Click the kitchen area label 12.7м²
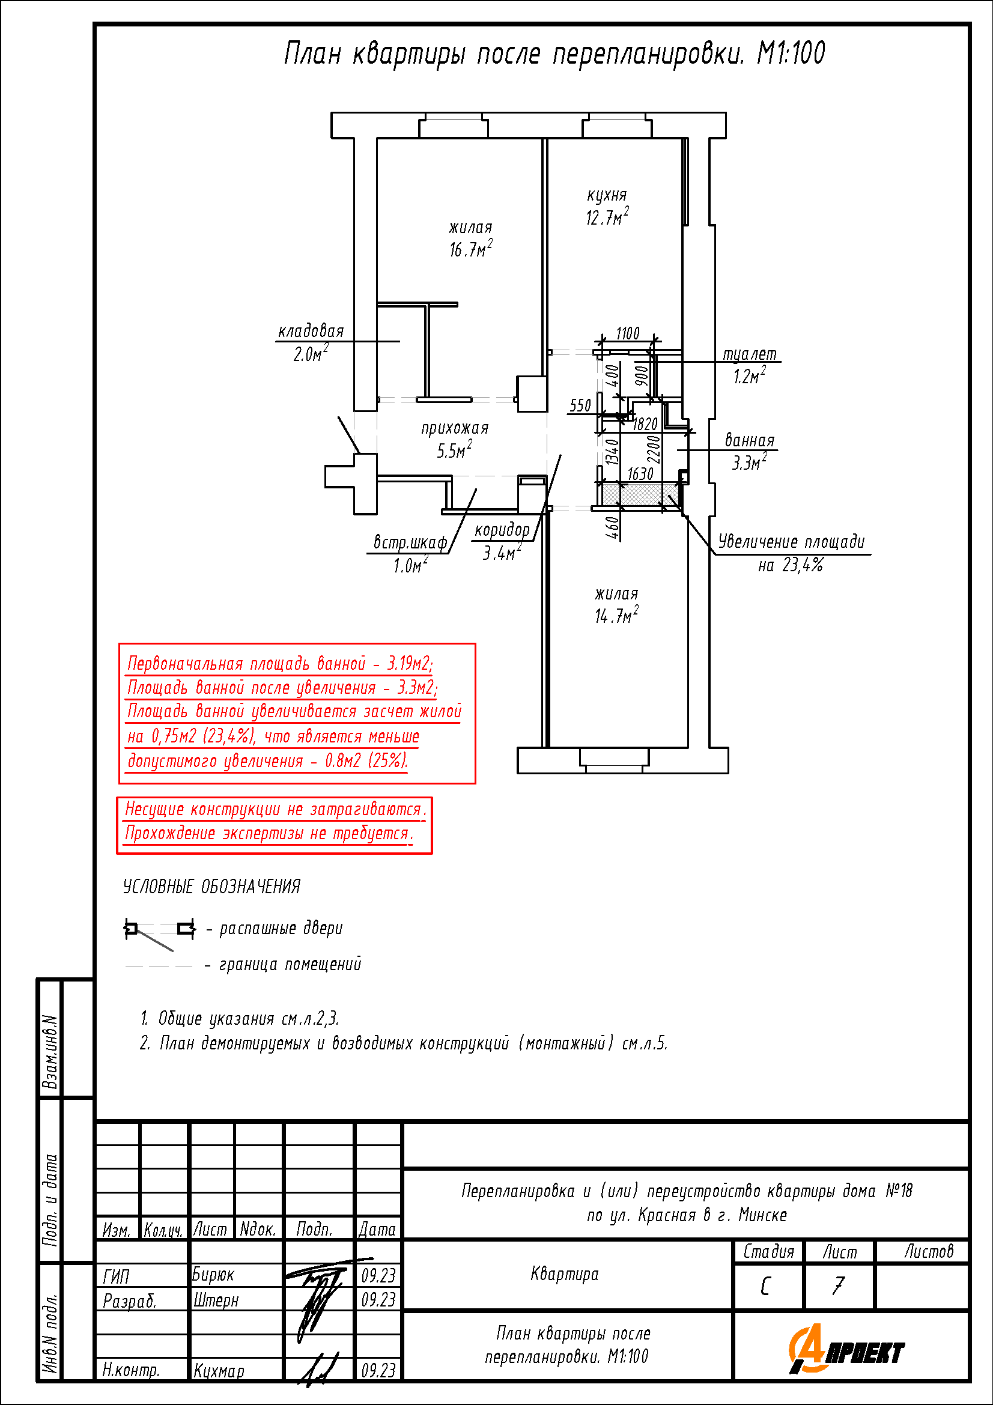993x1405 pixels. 607,217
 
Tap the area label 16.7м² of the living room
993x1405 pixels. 470,249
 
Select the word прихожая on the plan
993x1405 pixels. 455,428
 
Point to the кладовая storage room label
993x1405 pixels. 311,331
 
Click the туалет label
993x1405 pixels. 750,354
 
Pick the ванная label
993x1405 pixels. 750,440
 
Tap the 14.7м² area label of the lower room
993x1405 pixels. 616,615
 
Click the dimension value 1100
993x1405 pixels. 628,333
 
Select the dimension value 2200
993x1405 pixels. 654,449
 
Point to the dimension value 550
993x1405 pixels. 580,405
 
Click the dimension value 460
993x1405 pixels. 613,527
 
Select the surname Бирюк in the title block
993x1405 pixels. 213,1275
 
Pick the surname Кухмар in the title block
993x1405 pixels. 219,1371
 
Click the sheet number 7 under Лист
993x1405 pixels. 838,1285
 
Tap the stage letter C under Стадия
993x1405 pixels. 765,1286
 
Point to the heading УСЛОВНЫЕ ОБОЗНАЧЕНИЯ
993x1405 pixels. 211,887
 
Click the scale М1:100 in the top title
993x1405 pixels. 791,53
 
